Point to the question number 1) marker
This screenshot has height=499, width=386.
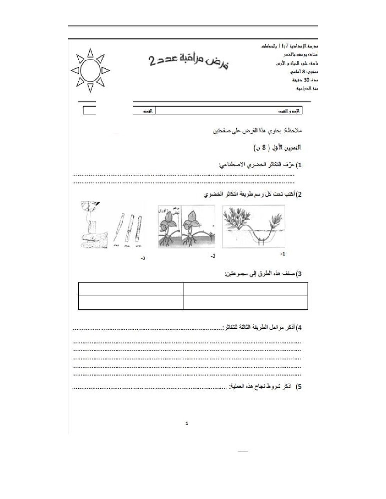[299, 165]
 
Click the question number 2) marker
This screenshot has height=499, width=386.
[299, 195]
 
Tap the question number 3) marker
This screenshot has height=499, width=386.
[299, 274]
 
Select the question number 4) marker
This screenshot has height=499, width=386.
[299, 328]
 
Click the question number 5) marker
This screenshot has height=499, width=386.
[299, 387]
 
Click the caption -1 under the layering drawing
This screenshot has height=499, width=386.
[283, 254]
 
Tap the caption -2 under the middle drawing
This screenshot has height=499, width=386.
[213, 256]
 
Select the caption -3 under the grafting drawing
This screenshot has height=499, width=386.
[143, 259]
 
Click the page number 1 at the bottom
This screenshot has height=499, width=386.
[187, 423]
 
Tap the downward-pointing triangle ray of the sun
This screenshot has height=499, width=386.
[90, 88]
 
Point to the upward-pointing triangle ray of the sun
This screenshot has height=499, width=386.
[90, 53]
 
